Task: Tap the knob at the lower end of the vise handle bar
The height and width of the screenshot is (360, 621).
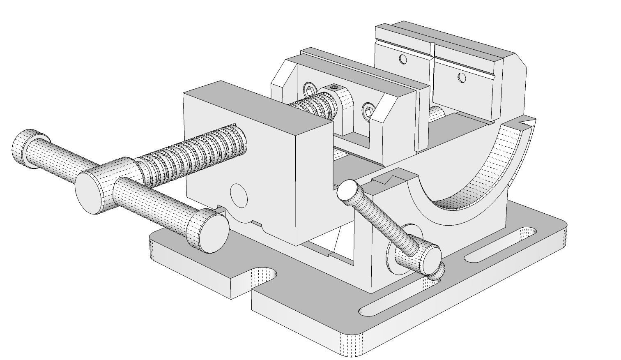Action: click(x=207, y=230)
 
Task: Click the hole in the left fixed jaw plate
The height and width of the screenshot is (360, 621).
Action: click(x=402, y=59)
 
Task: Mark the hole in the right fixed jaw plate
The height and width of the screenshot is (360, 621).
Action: click(x=462, y=77)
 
